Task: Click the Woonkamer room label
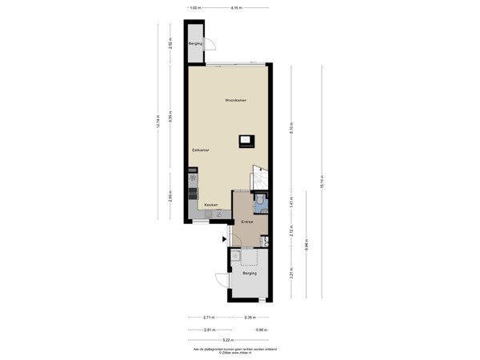click(235, 101)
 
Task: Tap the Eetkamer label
click(200, 150)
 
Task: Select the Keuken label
click(211, 205)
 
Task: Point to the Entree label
click(247, 221)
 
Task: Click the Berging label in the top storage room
click(195, 43)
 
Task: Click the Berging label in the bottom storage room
click(249, 274)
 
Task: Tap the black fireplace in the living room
click(245, 142)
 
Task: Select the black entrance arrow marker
click(224, 238)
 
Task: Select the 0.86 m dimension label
click(261, 329)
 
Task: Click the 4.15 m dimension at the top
click(236, 8)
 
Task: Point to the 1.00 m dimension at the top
click(194, 8)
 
